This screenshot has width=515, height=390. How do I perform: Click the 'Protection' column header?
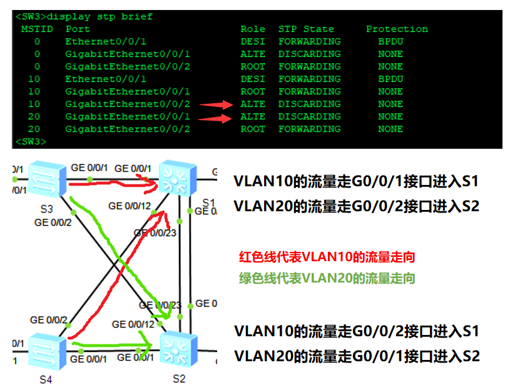[x=397, y=29]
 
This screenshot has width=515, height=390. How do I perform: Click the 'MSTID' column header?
[x=37, y=29]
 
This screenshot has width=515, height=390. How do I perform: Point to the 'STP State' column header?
[x=306, y=29]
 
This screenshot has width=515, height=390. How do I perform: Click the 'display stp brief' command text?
[x=99, y=16]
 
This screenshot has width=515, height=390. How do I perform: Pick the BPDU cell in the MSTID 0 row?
[x=390, y=41]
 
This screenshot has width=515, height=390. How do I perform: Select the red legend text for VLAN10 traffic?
[x=327, y=257]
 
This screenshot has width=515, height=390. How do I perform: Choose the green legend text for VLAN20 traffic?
[x=327, y=278]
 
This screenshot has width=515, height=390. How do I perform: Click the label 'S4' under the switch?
[x=46, y=379]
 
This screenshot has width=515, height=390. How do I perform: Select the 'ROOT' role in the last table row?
[x=253, y=129]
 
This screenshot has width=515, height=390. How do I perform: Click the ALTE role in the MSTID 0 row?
[x=253, y=54]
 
